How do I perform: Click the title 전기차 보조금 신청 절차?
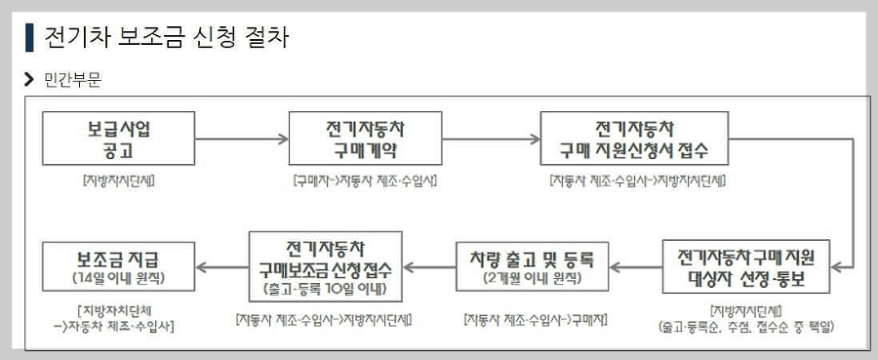(x=166, y=38)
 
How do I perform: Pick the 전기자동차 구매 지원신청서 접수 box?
(x=633, y=140)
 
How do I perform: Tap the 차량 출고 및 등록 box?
(x=531, y=266)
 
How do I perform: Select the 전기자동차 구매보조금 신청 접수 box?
(x=326, y=265)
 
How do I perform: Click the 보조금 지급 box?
(x=118, y=266)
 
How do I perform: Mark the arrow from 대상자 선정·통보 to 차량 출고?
(x=638, y=266)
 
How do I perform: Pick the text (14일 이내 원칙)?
(x=118, y=277)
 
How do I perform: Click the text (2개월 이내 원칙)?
(x=531, y=277)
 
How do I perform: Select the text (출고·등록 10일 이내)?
(x=326, y=290)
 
